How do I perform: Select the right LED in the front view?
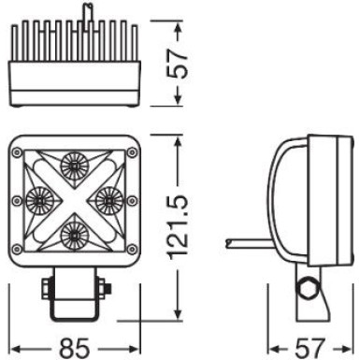[x=108, y=198]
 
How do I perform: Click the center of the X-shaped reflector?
[x=74, y=197]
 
